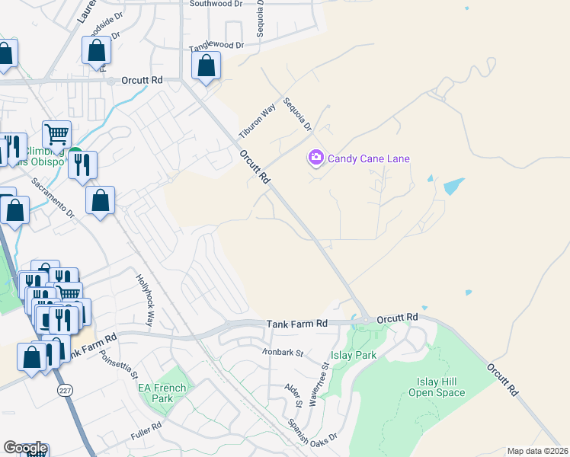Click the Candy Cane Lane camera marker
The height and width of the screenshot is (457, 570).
click(315, 158)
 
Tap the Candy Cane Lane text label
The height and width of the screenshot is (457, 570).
click(369, 158)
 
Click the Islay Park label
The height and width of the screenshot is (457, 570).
click(354, 356)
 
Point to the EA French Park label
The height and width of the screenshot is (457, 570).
click(162, 393)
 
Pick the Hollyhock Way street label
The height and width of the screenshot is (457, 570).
click(146, 299)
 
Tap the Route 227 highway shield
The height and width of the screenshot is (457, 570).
click(62, 389)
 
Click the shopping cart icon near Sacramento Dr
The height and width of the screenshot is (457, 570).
click(56, 136)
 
